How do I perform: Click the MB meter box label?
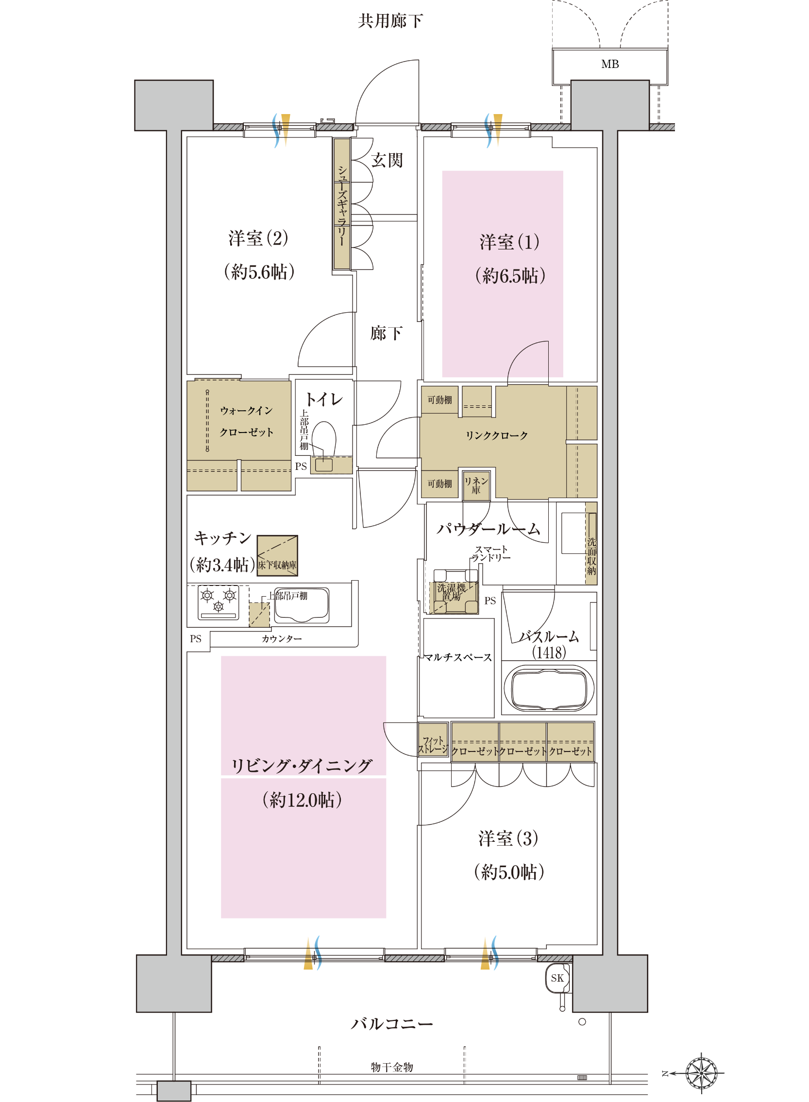coord(610,64)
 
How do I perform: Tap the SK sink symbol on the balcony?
coord(558,978)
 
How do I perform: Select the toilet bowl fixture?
coord(324,438)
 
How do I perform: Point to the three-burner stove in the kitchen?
coord(219,602)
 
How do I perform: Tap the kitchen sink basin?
coord(302,605)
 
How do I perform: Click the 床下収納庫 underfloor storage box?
coord(277,555)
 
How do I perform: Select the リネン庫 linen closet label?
coord(476,485)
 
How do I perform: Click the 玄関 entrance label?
coord(387,160)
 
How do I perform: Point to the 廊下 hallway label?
coord(387,334)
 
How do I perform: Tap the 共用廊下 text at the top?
coord(390,21)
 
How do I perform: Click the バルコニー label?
coord(392,1024)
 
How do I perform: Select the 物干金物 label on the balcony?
coord(392,1067)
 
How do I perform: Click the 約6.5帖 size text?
coord(510,276)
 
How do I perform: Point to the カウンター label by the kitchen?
coord(282,638)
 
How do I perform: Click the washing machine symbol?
coord(455,591)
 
